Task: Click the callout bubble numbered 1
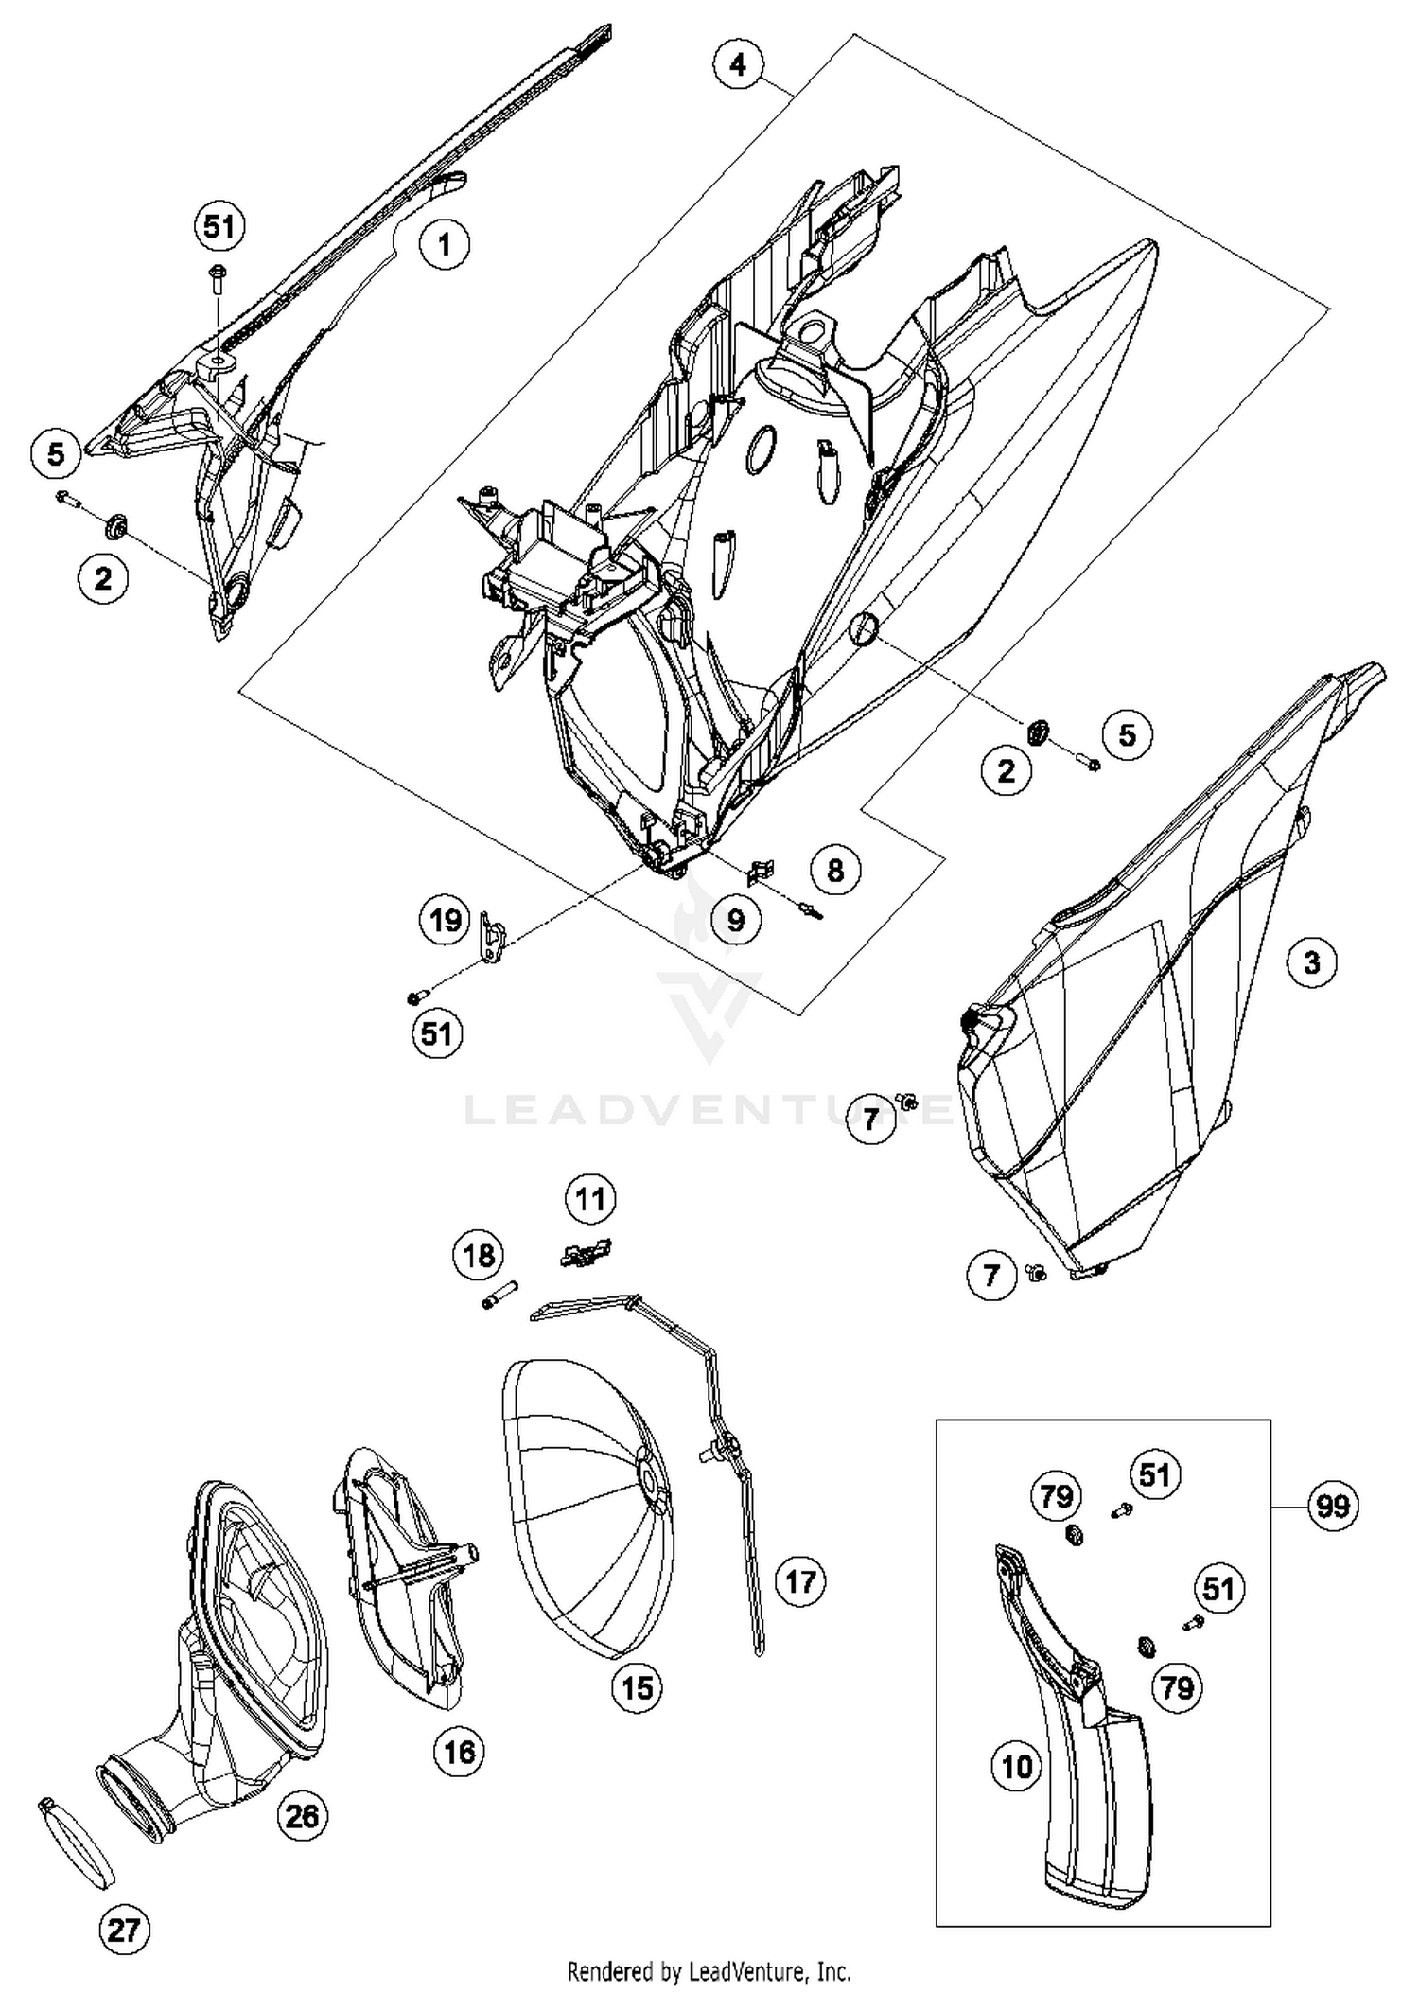[x=445, y=245]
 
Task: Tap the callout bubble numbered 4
[x=738, y=64]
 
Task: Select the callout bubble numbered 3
[x=1311, y=963]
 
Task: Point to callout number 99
[x=1332, y=1505]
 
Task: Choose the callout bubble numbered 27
[x=124, y=1931]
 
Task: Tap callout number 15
[x=638, y=1687]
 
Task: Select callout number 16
[x=460, y=1752]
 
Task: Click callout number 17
[x=800, y=1581]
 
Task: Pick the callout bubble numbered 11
[x=590, y=1200]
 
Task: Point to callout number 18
[x=479, y=1256]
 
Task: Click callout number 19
[x=446, y=920]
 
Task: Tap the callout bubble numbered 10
[x=1017, y=1767]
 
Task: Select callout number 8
[x=834, y=871]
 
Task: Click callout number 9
[x=736, y=920]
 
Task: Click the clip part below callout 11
[x=587, y=1253]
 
